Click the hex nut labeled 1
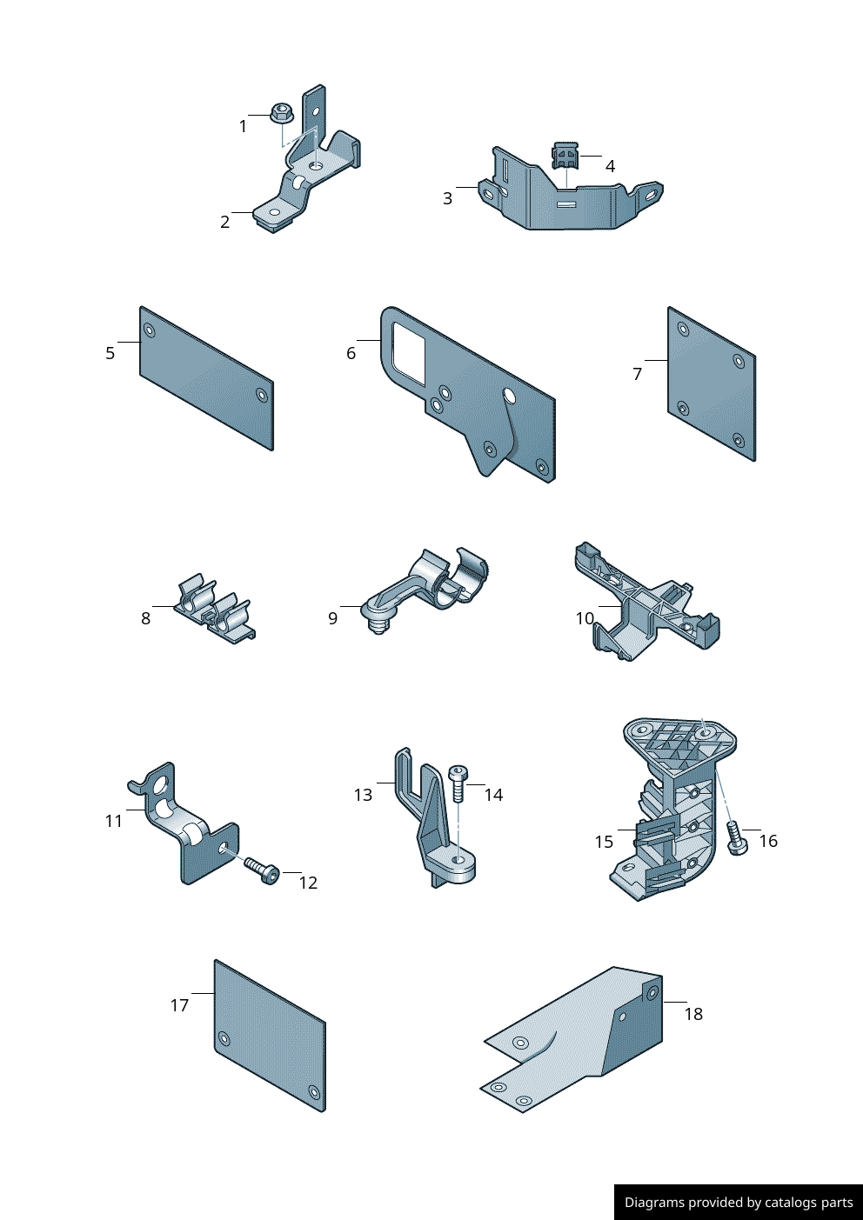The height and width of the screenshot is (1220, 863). [281, 112]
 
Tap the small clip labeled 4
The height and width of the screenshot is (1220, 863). [565, 156]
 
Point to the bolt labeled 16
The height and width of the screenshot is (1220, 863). [736, 839]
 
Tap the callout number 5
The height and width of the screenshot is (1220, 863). [110, 353]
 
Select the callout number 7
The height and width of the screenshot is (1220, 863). [638, 374]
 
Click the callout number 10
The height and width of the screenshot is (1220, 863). [585, 618]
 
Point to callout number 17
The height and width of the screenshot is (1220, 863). [179, 1005]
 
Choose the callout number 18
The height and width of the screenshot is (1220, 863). [693, 1014]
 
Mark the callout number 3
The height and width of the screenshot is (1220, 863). [447, 198]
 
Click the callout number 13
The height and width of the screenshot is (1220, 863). [363, 795]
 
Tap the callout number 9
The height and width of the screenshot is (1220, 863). [332, 618]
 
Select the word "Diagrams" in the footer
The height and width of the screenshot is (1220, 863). [654, 1203]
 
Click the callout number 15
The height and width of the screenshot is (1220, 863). [604, 842]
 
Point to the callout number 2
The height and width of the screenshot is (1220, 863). [224, 222]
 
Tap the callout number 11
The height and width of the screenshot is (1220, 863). [114, 821]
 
